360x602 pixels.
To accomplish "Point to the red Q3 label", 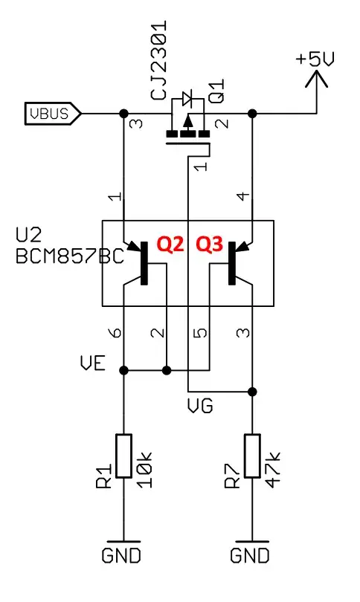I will point(209,245).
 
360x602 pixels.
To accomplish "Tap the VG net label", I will point(202,405).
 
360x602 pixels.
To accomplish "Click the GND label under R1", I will point(122,554).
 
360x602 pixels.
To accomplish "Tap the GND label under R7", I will point(251,554).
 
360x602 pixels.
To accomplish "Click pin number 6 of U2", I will point(114,334).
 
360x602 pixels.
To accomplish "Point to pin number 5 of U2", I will point(198,334).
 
